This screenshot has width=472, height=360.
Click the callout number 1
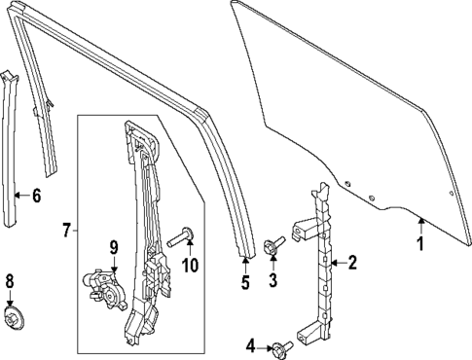coord(421,245)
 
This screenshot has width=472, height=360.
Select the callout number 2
coord(353,261)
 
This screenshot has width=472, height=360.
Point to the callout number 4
coord(250,345)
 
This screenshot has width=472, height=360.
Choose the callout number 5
coord(245,283)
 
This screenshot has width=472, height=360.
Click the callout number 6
coord(36,196)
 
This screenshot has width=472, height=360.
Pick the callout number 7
coord(65,231)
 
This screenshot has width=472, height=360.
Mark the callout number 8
coord(11,283)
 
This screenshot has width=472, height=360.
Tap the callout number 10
coord(192,264)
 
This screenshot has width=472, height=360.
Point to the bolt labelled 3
coord(273,246)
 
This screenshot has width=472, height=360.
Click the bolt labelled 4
coord(280,345)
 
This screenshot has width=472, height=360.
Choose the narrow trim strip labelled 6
coord(15,146)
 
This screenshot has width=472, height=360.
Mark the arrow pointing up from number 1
coord(421,226)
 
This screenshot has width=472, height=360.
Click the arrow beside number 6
coord(24,196)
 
